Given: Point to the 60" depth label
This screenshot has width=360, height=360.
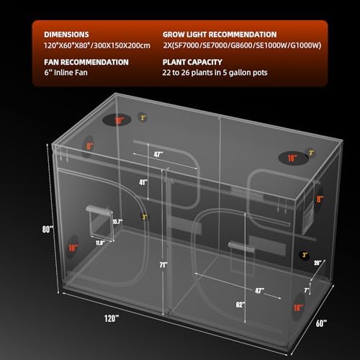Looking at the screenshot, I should click(x=320, y=322).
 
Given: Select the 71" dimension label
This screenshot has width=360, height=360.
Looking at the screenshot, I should click(x=164, y=265).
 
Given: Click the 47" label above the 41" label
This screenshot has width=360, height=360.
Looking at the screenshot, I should click(x=158, y=153).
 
